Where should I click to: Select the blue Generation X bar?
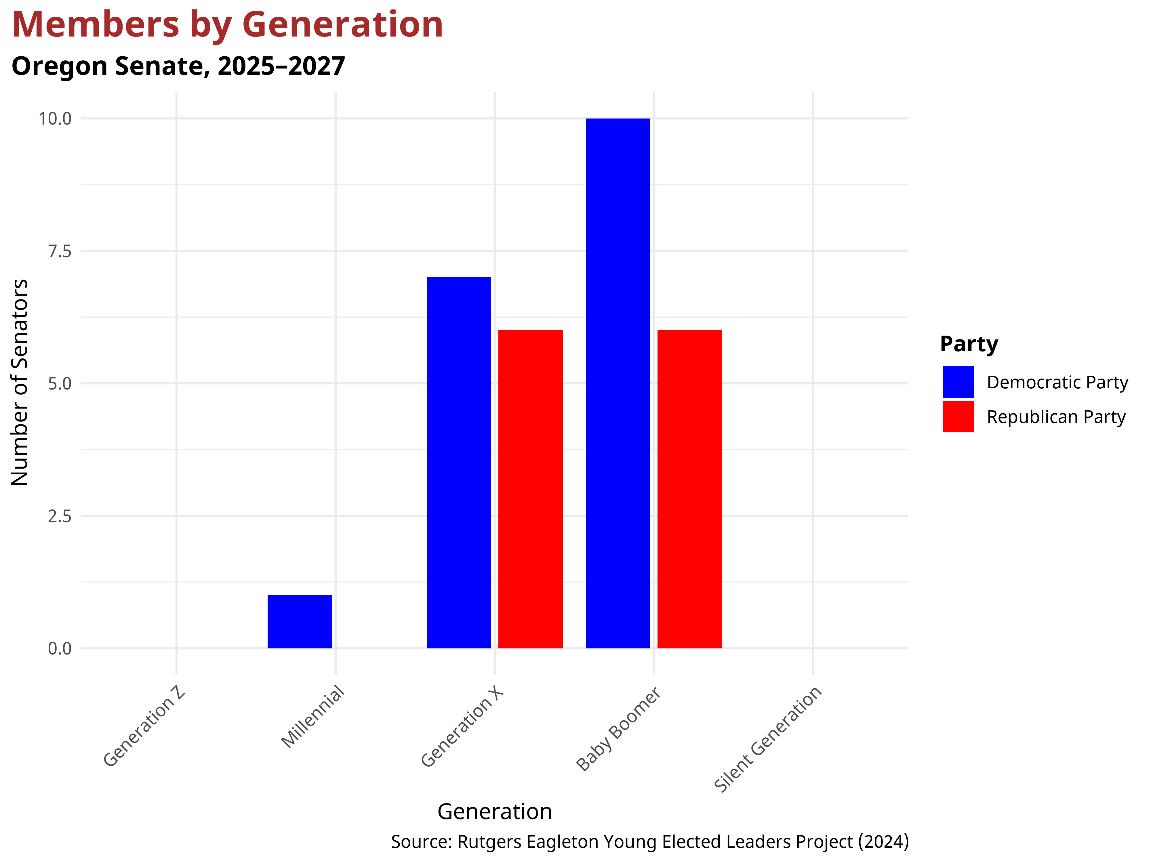458,463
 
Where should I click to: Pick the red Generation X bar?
530,489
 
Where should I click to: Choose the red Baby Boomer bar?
689,489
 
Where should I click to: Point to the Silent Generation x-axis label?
767,739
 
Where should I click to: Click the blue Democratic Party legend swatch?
958,382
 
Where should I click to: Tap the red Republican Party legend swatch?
958,416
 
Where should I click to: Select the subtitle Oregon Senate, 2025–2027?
178,66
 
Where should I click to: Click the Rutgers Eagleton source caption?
649,841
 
